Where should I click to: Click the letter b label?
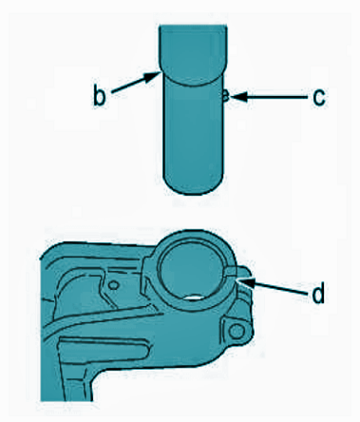[99, 94]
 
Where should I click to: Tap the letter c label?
[318, 98]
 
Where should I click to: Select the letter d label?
[318, 292]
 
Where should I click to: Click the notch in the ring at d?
[231, 272]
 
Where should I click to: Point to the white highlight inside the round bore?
[194, 297]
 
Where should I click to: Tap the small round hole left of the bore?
[112, 285]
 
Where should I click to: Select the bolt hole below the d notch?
[236, 332]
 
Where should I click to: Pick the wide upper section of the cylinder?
[192, 54]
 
